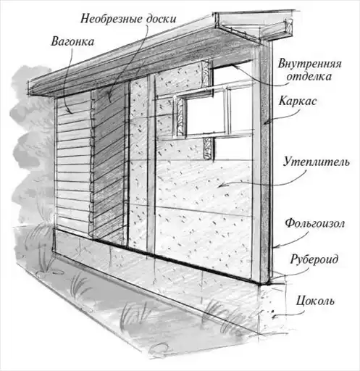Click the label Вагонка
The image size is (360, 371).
click(x=72, y=41)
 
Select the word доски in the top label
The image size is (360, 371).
click(x=161, y=18)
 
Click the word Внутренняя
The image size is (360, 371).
click(x=310, y=64)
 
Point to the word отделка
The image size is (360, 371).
click(x=309, y=76)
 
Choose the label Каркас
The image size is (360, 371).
click(x=297, y=101)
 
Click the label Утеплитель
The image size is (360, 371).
click(x=317, y=162)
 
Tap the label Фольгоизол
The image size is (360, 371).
click(x=314, y=223)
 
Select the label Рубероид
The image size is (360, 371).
click(x=314, y=259)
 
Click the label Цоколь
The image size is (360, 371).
click(x=315, y=301)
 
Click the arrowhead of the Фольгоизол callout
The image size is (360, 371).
click(x=275, y=247)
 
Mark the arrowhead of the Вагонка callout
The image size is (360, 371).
click(x=72, y=113)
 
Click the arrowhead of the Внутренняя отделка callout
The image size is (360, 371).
click(x=234, y=66)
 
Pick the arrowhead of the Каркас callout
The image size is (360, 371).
click(x=264, y=124)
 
